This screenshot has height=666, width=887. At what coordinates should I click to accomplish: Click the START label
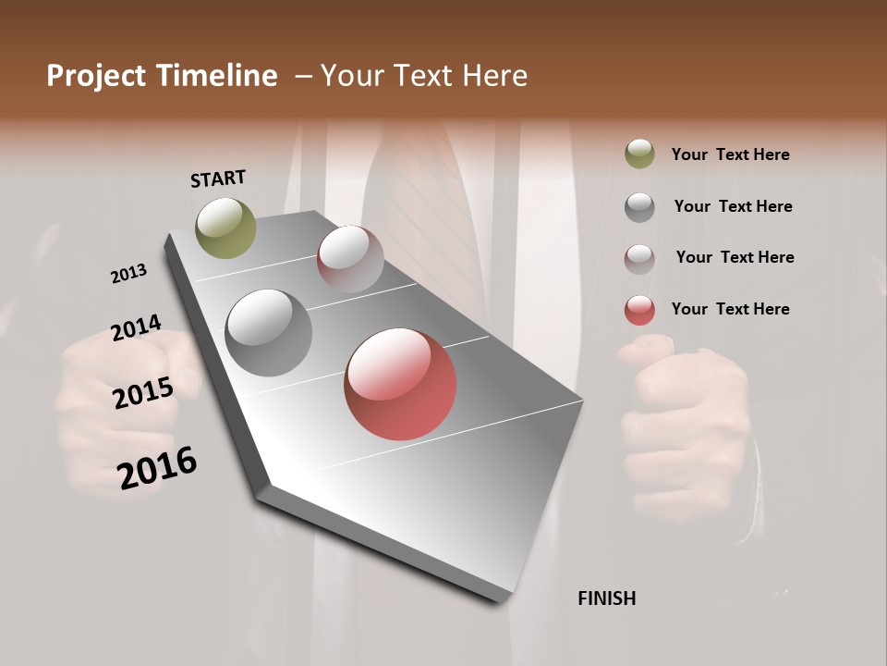click(218, 179)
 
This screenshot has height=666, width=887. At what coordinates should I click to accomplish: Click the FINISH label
click(606, 598)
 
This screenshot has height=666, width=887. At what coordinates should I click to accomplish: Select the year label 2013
click(129, 274)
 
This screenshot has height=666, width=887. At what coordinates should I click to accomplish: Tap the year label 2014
click(136, 328)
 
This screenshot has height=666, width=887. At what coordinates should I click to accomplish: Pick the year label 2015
click(143, 394)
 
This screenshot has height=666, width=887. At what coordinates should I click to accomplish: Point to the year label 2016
click(157, 468)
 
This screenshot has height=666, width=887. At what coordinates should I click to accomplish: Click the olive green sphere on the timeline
click(225, 228)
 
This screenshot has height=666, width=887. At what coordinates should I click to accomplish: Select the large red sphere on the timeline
click(400, 384)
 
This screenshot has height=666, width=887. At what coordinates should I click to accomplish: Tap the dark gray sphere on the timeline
click(268, 333)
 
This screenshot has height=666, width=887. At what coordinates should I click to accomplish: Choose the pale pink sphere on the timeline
click(350, 258)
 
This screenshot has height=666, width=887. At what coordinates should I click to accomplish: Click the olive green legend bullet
click(639, 154)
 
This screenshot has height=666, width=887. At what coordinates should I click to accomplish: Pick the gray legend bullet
click(639, 206)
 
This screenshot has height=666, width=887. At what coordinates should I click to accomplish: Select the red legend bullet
click(639, 310)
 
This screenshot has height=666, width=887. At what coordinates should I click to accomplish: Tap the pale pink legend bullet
click(639, 258)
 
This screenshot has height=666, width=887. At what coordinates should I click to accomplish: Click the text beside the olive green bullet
click(730, 154)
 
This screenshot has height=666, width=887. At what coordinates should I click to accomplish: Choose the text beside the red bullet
click(730, 309)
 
